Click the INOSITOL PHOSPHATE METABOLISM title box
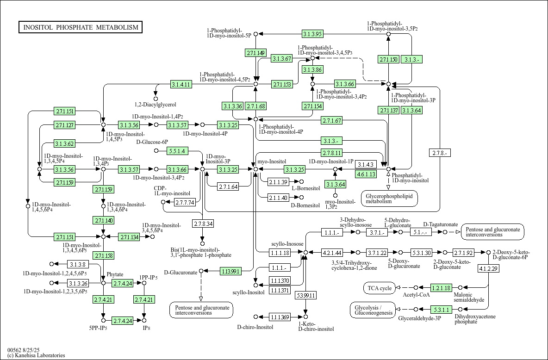pos(81,27)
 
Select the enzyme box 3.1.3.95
pos(312,34)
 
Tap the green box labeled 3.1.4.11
pos(181,84)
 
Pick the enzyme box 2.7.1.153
pos(282,84)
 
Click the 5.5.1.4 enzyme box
pos(176,151)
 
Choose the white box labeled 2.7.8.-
pos(440,153)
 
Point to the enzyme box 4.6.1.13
pos(366,174)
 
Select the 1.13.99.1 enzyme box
pos(230,271)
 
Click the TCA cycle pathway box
pos(380,288)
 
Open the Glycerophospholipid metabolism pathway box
pos(389,199)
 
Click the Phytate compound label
pos(115,274)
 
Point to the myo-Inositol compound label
pos(272,161)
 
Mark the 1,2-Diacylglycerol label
pos(155,105)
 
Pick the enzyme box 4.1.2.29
pos(488,268)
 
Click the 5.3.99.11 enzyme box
pos(305,295)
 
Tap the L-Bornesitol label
pos(305,188)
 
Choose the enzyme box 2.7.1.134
pos(129,237)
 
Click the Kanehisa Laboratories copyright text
pos(36,355)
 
